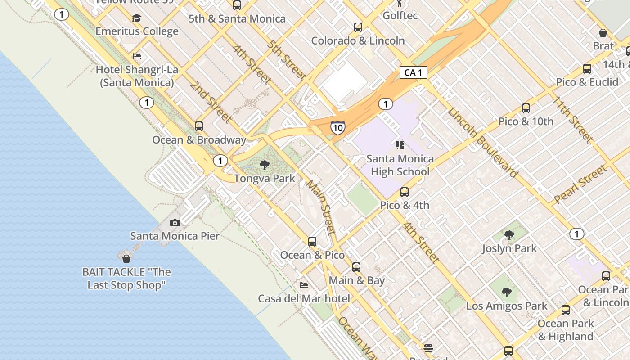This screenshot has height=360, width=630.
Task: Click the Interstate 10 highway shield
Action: (337, 128)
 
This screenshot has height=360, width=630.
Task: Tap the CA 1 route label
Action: (413, 72)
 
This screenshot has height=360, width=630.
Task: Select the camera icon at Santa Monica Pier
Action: (175, 223)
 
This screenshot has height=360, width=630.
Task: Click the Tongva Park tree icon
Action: (265, 165)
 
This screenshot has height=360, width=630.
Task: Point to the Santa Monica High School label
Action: (400, 165)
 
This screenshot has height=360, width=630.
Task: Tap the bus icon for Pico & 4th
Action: (405, 192)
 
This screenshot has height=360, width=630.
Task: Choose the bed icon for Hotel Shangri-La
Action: (137, 56)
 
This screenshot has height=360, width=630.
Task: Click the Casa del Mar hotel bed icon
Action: (304, 285)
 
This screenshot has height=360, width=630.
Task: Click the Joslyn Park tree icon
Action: (509, 235)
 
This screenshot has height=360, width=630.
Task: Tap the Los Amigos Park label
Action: (507, 306)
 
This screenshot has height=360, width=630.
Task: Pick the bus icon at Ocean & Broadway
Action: (199, 126)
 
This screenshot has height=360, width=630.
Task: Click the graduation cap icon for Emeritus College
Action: (137, 18)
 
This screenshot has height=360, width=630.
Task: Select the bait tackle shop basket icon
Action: (126, 258)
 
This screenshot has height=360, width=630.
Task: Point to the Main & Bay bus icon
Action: (356, 267)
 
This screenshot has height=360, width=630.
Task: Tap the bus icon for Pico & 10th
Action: (526, 108)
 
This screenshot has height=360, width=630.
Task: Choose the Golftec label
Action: (400, 16)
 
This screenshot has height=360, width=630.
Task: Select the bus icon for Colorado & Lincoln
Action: (358, 27)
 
